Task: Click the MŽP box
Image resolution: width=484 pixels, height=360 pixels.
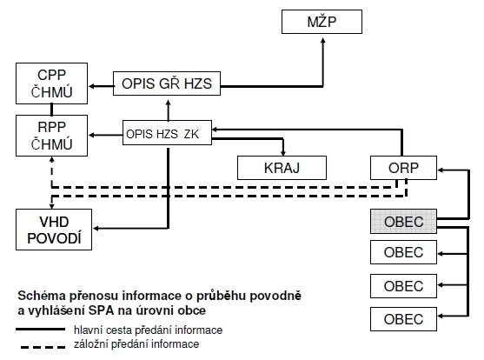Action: point(322,22)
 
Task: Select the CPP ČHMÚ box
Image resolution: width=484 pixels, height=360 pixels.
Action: point(51,83)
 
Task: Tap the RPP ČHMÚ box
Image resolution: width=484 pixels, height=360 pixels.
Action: point(51,136)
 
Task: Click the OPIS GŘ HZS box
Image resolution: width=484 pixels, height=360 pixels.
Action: point(167,83)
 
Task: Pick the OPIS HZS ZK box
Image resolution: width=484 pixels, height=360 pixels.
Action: point(167,132)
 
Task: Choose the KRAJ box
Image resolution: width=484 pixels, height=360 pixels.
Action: point(282,168)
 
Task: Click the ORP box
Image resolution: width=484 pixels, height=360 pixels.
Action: point(403,168)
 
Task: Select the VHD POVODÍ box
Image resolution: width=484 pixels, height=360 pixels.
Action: point(54,230)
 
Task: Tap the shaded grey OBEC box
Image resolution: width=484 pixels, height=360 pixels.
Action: point(403,221)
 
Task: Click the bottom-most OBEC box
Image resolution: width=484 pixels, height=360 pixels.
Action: point(403,319)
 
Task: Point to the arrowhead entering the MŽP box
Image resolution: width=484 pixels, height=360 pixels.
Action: point(323,41)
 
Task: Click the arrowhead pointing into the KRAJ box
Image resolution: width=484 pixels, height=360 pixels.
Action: point(283,153)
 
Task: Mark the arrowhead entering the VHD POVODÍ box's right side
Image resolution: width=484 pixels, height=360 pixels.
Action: point(96,229)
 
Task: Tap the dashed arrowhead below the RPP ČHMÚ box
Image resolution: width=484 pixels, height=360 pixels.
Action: point(52,160)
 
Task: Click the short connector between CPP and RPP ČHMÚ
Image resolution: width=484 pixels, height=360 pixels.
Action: point(51,110)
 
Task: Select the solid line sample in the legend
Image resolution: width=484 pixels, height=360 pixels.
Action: point(41,330)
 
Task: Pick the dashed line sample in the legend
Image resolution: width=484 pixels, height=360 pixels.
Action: point(43,347)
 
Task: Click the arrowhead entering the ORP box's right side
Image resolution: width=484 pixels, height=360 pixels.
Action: point(441,170)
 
